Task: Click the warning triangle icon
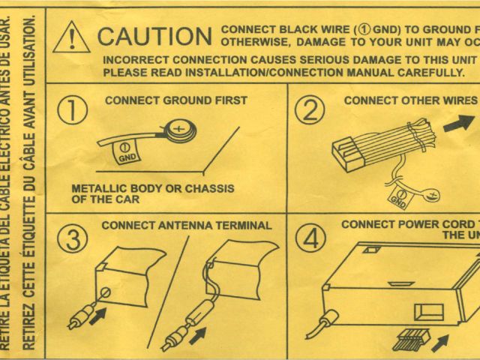coord(74,36)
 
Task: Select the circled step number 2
coord(308,110)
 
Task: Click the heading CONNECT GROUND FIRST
coord(175,100)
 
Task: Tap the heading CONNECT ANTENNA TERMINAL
coord(186,225)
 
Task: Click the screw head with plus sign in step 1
coord(180,128)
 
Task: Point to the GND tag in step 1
coord(127,151)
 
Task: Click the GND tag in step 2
coord(398,199)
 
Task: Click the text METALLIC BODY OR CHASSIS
coord(152,188)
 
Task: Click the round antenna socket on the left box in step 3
coord(106,292)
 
